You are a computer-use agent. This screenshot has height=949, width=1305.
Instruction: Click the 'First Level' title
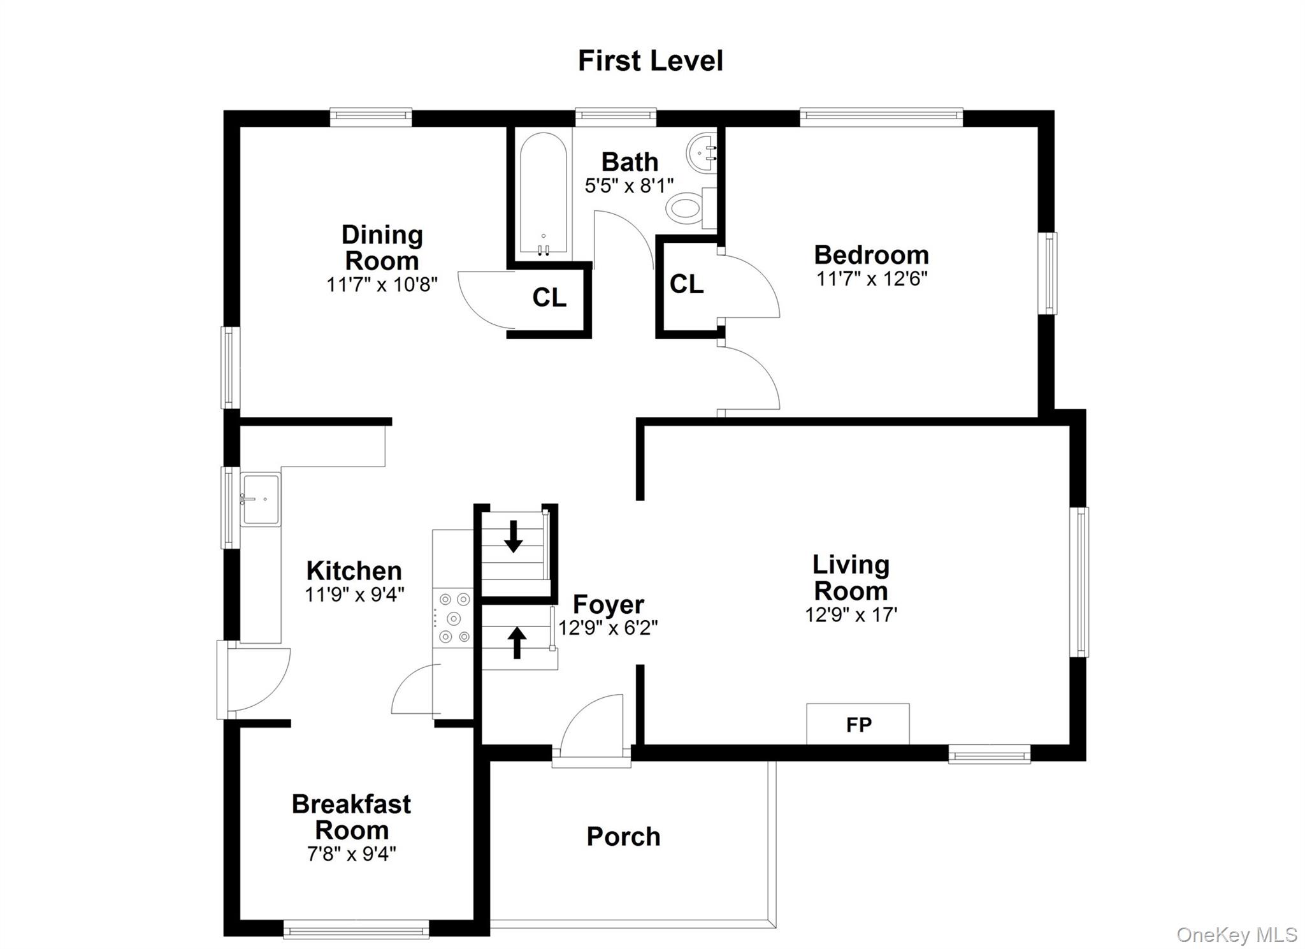[x=650, y=61]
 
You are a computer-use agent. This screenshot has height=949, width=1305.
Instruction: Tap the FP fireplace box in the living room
[x=858, y=723]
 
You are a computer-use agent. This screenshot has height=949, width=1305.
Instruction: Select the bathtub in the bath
[x=543, y=194]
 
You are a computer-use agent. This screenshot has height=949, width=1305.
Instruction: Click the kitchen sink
[x=261, y=499]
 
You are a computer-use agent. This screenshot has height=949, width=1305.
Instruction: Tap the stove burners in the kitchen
[x=454, y=618]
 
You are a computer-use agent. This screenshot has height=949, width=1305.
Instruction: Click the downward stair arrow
[x=513, y=536]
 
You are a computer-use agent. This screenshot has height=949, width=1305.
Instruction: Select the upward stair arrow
[x=517, y=642]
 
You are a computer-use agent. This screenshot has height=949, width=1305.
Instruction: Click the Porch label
[x=623, y=837]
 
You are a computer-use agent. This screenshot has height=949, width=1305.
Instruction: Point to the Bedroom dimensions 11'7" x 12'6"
[x=872, y=279]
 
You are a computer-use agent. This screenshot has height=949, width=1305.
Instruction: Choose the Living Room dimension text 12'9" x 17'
[x=851, y=614]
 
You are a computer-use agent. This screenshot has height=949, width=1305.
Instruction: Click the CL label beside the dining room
[x=549, y=297]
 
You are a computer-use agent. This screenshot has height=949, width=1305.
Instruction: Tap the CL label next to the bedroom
[x=686, y=284]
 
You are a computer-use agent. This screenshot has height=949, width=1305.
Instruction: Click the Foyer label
[x=609, y=604]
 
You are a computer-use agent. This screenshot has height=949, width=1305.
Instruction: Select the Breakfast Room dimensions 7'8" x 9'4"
[x=352, y=853]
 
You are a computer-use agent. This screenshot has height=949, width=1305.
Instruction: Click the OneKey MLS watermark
[x=1236, y=934]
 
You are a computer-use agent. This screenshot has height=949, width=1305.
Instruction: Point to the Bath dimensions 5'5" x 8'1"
[x=630, y=185]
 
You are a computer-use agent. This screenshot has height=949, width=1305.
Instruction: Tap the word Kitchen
[x=354, y=570]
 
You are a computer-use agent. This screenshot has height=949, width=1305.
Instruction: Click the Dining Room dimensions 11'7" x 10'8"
[x=382, y=284]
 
